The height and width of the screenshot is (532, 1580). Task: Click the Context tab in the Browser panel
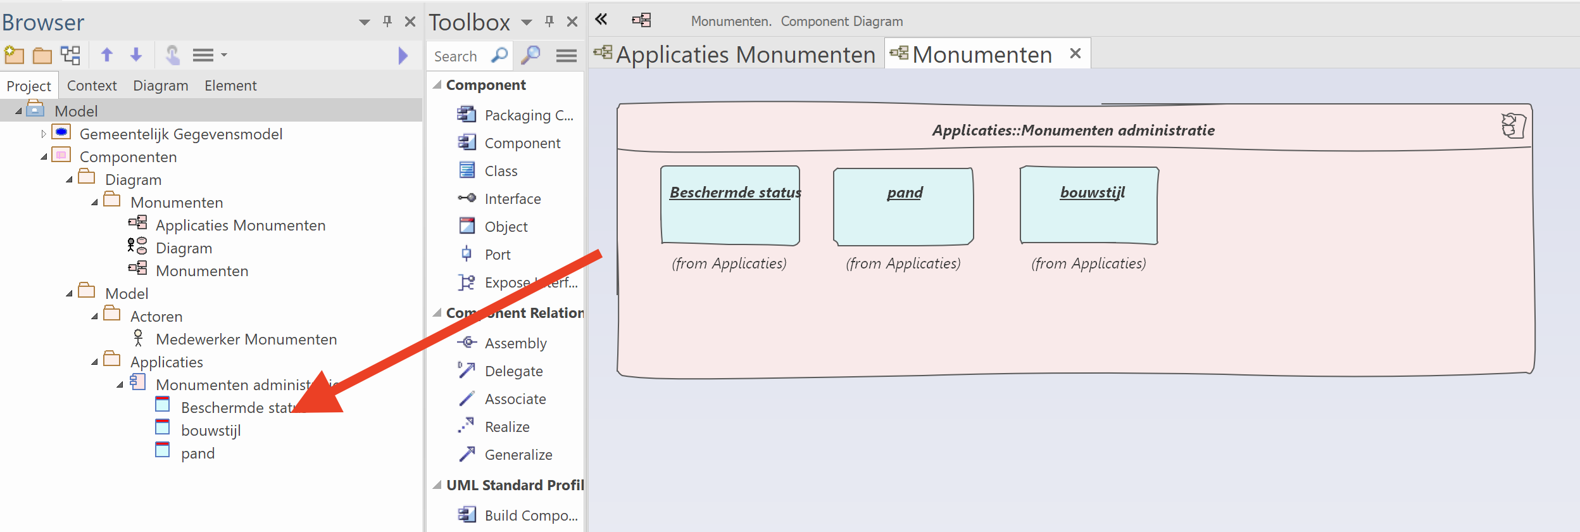92,85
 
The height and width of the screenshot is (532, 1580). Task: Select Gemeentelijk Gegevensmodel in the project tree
180,134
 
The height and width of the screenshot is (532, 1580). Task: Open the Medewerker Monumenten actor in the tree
246,339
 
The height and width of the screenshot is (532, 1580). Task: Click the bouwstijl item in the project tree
210,431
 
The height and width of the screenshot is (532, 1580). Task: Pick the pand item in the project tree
197,453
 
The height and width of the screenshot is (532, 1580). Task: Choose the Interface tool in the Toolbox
512,199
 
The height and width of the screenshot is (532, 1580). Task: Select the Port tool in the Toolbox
497,255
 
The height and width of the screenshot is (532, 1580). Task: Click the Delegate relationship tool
513,371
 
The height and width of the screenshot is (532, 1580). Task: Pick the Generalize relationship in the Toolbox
518,455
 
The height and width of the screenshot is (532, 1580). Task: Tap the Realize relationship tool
506,427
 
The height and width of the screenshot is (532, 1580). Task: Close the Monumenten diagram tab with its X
1075,54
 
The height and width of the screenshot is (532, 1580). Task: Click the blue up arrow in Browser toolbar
107,55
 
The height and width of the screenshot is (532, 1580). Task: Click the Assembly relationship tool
515,343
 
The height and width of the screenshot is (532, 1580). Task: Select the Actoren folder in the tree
156,317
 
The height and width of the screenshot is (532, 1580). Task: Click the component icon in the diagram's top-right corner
1513,125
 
